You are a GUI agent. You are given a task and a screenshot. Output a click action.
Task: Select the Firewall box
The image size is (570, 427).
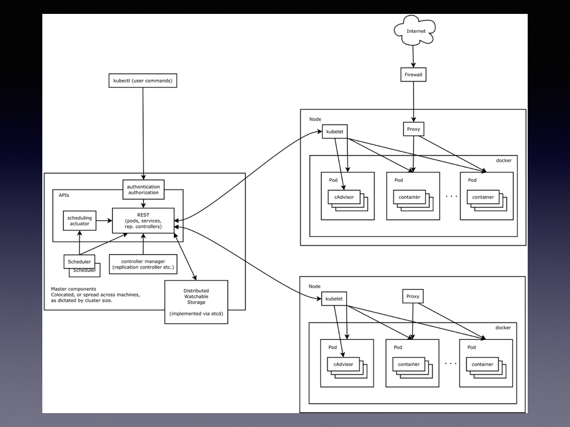click(x=413, y=75)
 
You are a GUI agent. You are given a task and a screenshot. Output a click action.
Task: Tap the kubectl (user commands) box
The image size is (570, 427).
click(x=142, y=81)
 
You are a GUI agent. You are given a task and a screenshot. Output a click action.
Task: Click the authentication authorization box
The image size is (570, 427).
click(x=143, y=190)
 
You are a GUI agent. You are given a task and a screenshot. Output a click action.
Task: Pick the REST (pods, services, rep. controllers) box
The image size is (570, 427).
click(x=143, y=220)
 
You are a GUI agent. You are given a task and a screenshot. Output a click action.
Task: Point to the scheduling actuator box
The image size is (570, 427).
click(x=79, y=221)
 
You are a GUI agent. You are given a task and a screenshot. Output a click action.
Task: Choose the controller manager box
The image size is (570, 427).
click(x=143, y=264)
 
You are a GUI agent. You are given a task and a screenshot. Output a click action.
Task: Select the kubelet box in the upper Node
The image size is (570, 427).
click(x=335, y=132)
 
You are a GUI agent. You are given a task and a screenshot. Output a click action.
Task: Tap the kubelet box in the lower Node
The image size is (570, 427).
click(x=335, y=299)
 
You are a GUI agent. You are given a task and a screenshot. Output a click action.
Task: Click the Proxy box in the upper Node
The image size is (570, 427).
click(x=413, y=130)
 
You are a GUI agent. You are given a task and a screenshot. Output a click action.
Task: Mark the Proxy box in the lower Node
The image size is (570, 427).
click(x=413, y=296)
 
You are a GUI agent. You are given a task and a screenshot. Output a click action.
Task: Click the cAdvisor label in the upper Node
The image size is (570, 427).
click(x=343, y=197)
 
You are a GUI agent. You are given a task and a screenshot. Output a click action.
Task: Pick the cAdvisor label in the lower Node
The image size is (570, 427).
click(x=343, y=364)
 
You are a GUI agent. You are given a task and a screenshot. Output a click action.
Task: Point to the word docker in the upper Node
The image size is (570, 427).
click(x=503, y=161)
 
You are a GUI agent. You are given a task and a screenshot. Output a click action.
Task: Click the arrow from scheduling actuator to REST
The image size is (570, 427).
click(x=104, y=221)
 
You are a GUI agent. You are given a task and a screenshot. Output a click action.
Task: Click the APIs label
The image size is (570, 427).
click(x=65, y=195)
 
